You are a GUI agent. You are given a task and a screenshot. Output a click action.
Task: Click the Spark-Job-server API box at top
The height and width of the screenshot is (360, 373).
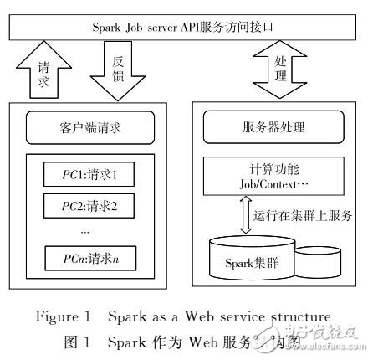186,27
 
